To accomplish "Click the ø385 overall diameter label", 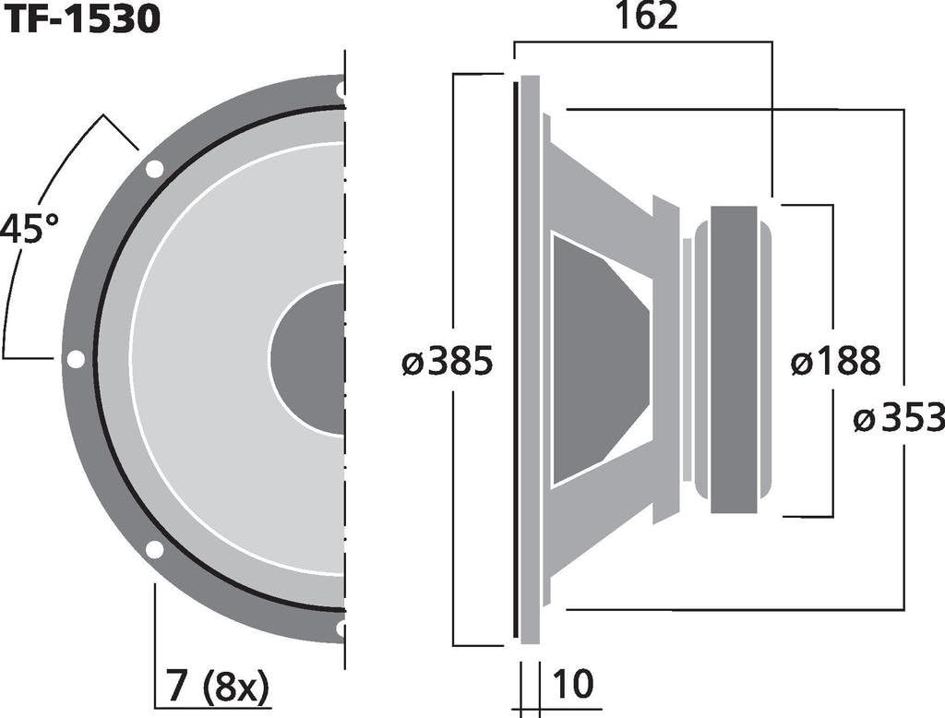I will tap(448, 363).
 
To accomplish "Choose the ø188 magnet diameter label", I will tap(835, 362).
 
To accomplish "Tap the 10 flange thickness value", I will tap(571, 684).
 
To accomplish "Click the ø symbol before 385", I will tap(413, 363).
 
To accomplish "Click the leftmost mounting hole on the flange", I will tap(76, 359).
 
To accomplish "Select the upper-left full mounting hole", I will tap(154, 169).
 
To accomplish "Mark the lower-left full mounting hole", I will tap(154, 549).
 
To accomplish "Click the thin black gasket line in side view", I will tap(514, 360).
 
